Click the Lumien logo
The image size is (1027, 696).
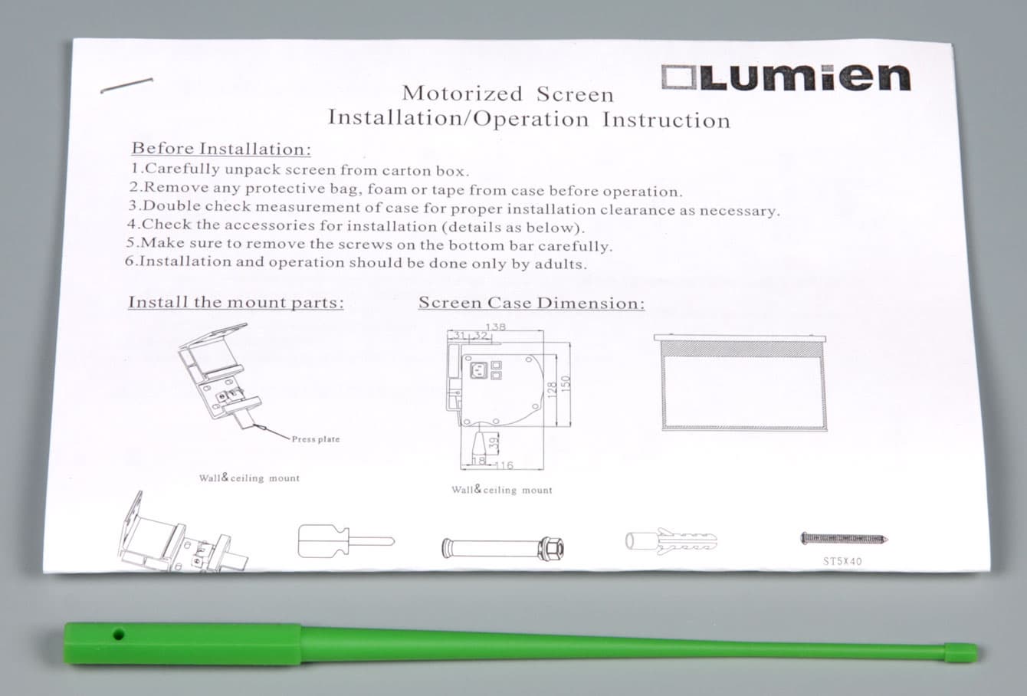pos(786,77)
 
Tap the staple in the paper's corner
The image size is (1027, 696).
pos(126,85)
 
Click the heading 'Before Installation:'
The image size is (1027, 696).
pos(221,149)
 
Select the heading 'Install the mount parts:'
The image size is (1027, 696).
pos(235,302)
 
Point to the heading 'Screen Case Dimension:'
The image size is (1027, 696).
pos(531,303)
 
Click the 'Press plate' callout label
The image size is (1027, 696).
pos(316,439)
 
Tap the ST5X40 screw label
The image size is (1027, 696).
pos(842,561)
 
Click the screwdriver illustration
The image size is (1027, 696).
pos(346,541)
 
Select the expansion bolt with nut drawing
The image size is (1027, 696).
pos(503,548)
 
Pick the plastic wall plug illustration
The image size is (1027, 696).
pos(671,541)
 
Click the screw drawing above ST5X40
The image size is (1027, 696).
pos(844,539)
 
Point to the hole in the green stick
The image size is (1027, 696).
pos(118,635)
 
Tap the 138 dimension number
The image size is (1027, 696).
pos(496,327)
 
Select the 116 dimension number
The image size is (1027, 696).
pos(504,466)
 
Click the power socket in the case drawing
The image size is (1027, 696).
pos(478,369)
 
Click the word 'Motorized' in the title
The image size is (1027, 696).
pos(462,94)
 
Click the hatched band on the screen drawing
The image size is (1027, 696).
pos(741,349)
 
